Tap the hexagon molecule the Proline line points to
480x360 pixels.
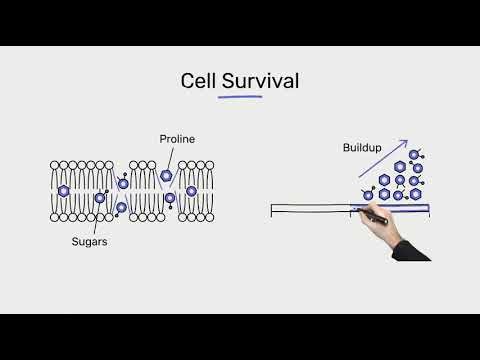(x=166, y=176)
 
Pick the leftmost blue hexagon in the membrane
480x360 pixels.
(x=64, y=190)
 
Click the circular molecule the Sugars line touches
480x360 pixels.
(x=100, y=198)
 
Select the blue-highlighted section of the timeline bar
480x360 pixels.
(x=390, y=208)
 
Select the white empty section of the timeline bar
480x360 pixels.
(x=310, y=209)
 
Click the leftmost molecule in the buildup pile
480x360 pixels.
(x=368, y=194)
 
